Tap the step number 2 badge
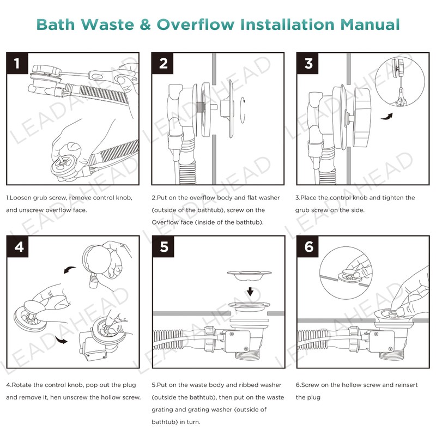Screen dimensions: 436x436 pyautogui.click(x=163, y=64)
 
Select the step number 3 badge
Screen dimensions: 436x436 pyautogui.click(x=308, y=64)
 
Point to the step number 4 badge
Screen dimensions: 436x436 pyautogui.click(x=19, y=247)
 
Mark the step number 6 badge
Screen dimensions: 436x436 pyautogui.click(x=309, y=247)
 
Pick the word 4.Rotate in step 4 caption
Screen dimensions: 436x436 pyautogui.click(x=21, y=385)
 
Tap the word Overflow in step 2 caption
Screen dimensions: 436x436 pyautogui.click(x=165, y=222)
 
